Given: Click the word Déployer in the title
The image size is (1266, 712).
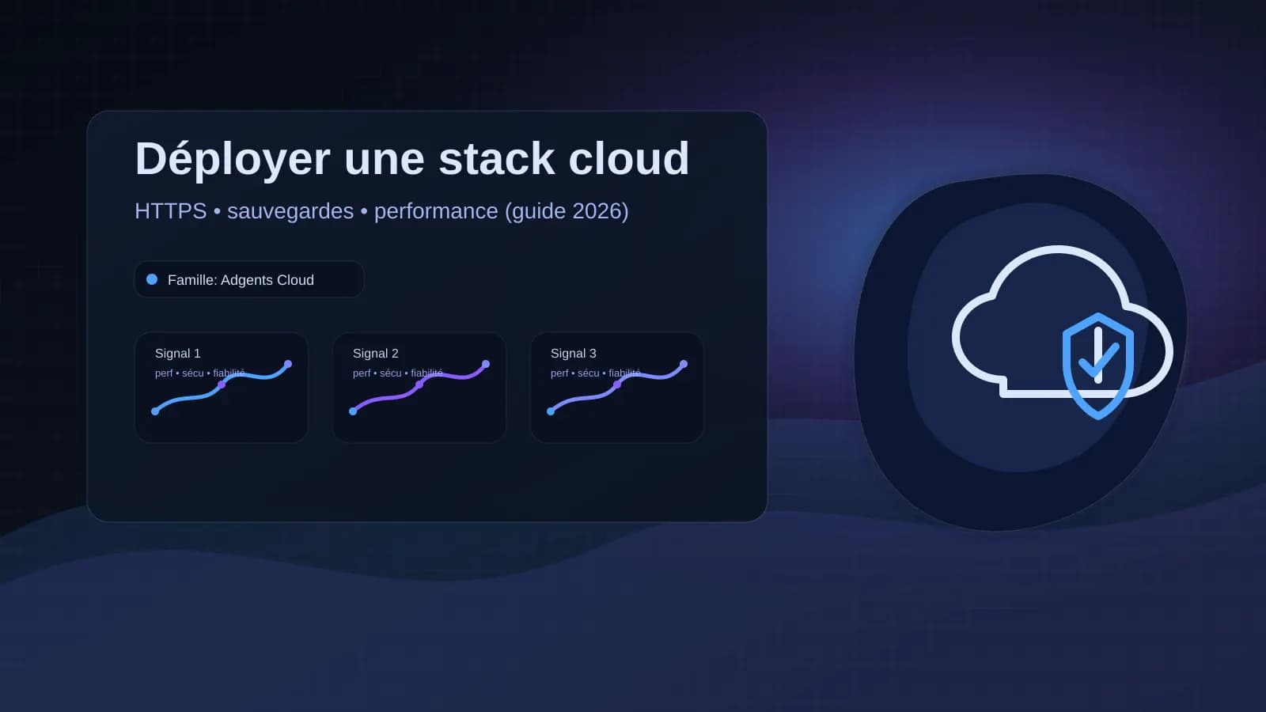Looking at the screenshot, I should click(232, 159).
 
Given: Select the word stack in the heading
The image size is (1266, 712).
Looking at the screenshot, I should click(496, 158).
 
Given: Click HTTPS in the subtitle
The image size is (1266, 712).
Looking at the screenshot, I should click(170, 211).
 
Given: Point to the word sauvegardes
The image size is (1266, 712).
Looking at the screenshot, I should click(290, 211).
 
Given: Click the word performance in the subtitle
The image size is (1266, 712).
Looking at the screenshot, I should click(435, 211).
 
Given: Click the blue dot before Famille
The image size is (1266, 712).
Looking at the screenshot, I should click(152, 279).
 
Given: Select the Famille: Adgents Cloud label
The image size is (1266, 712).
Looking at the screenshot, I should click(241, 280).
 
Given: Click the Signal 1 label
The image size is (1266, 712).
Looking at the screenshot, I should click(177, 354).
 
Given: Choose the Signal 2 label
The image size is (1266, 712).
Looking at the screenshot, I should click(375, 354).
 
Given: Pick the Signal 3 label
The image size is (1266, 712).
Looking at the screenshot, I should click(573, 354).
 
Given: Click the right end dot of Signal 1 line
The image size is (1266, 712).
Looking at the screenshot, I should click(288, 364).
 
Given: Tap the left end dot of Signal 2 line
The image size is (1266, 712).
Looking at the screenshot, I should click(353, 411).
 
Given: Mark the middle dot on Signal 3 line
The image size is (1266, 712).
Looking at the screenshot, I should click(617, 384).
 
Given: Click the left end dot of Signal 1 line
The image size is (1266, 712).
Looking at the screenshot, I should click(155, 411).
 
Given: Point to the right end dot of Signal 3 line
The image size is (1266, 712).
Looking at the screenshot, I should click(684, 364).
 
